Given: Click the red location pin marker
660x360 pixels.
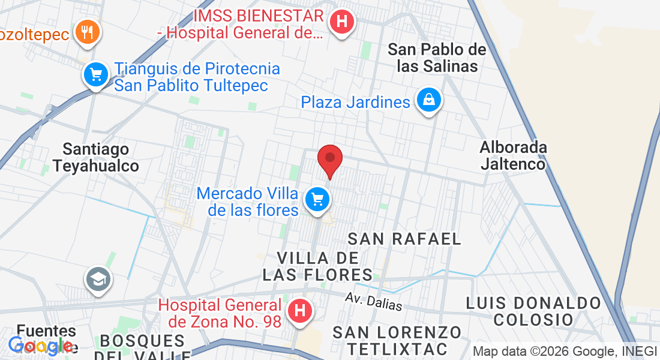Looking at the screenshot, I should pos(329,159).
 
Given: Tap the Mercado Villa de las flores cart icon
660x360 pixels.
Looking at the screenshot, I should pos(316,199).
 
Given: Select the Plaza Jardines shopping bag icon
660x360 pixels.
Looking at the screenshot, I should pos(429,100).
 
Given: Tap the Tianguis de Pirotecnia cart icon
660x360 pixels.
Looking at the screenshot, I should pos(95,75).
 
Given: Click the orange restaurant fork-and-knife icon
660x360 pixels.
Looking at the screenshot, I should pos(88,32).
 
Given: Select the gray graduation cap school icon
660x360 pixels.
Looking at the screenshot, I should pos(97,279).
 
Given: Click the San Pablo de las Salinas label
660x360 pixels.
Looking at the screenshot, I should pos(437,58).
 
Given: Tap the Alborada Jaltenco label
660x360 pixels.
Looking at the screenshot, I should pos(513,155).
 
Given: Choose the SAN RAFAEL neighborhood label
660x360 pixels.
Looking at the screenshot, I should pos(405,239).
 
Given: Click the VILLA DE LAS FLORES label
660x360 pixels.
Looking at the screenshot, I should pos(317,266).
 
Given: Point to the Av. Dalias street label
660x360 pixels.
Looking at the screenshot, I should pos(374,301).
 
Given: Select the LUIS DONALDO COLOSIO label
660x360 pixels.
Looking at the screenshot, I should pos(533,311).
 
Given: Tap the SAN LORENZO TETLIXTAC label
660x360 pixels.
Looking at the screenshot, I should pos(397,340).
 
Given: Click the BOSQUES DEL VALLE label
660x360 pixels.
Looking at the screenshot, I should pos(142,346).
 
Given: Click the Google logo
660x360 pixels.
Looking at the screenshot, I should pos(41,346).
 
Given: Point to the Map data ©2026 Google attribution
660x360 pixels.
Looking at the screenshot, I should pos(563,352).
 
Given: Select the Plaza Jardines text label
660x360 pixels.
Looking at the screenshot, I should pos(356,102).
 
